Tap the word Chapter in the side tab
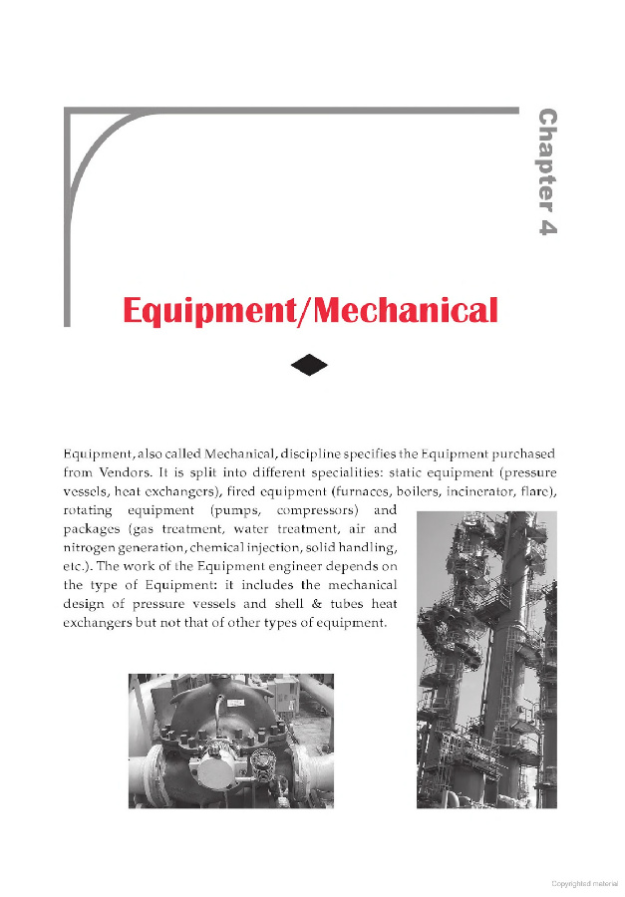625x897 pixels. [546, 155]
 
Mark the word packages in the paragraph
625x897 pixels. [92, 529]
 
